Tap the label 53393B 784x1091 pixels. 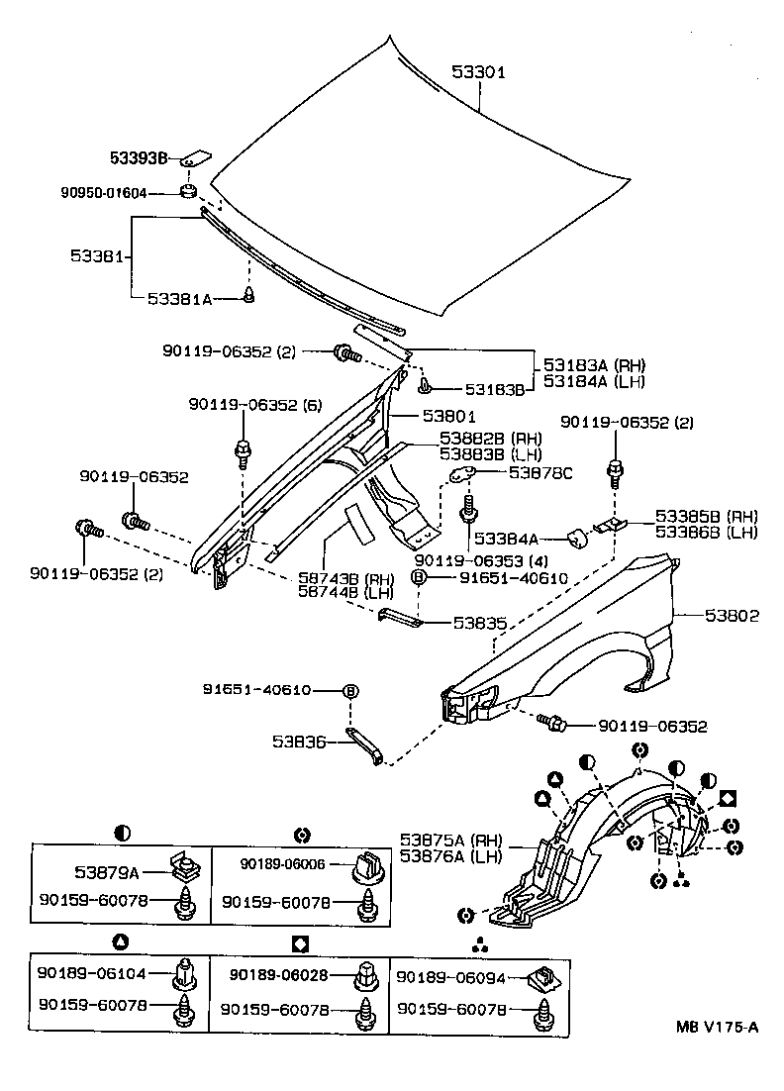coord(138,158)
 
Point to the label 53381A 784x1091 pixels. coord(179,297)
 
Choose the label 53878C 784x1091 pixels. coord(540,474)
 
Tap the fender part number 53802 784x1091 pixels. coord(732,615)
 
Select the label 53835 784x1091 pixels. coord(480,624)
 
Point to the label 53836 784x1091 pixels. coord(300,741)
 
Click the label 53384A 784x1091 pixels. coord(506,539)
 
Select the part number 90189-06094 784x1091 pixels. coord(450,977)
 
